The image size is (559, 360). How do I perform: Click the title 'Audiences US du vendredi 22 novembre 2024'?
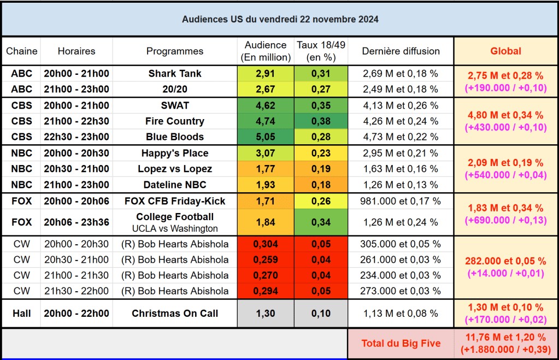click(x=280, y=19)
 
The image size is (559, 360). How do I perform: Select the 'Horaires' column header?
click(x=77, y=51)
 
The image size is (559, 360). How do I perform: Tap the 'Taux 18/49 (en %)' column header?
click(x=321, y=51)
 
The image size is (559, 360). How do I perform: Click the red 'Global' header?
click(x=505, y=51)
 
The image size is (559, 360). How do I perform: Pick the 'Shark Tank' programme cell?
click(x=175, y=73)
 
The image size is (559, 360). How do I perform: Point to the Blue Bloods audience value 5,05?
click(x=266, y=137)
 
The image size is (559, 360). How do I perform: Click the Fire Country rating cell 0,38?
click(x=321, y=121)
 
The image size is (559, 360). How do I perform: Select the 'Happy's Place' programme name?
click(x=175, y=153)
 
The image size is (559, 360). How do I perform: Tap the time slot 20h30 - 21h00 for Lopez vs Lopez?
click(x=77, y=169)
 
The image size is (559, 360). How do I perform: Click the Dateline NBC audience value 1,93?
click(x=266, y=185)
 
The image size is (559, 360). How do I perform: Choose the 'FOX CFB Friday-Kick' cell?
click(x=175, y=201)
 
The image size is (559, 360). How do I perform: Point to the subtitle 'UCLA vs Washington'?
click(x=175, y=228)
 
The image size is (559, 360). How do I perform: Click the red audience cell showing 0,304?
click(x=266, y=244)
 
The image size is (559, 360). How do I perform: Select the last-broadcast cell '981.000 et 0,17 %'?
click(x=401, y=201)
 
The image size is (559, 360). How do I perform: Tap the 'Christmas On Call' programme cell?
click(x=175, y=313)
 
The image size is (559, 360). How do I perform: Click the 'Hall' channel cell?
click(x=22, y=313)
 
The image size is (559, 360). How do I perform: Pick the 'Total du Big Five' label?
click(x=401, y=344)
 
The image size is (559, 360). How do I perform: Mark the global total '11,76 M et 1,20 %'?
click(x=505, y=338)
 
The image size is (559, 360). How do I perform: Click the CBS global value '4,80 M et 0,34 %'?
click(x=505, y=115)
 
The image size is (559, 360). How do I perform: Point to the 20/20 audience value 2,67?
click(x=266, y=89)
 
